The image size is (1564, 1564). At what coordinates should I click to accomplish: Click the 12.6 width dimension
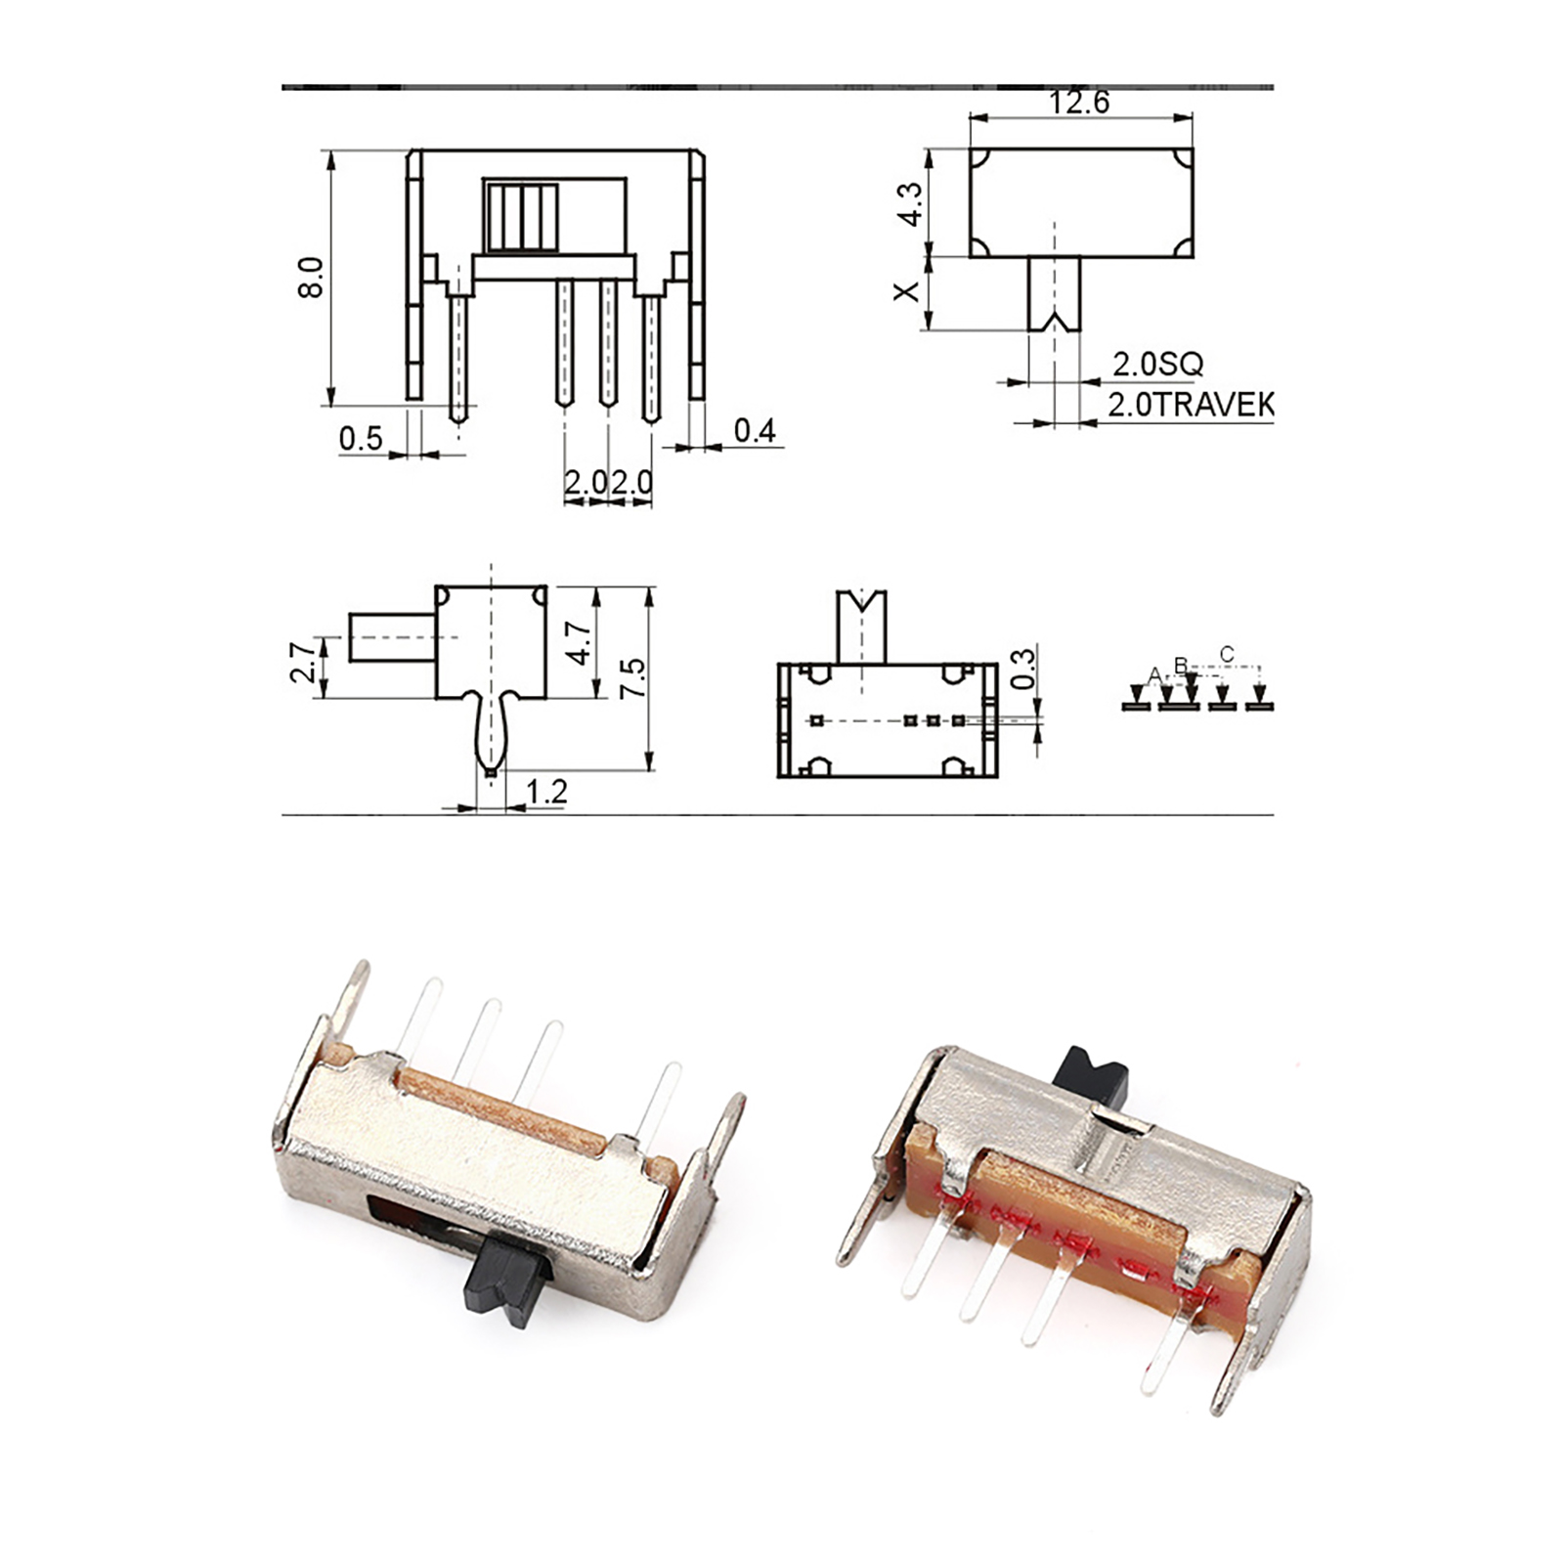[1079, 103]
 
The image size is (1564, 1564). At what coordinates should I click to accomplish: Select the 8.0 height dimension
[311, 277]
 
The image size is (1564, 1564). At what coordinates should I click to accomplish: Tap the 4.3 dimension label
[910, 204]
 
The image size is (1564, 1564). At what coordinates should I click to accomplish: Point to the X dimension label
[908, 290]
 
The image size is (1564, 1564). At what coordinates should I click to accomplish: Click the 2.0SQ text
[1157, 364]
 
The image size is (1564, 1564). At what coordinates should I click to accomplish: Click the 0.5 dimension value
[361, 438]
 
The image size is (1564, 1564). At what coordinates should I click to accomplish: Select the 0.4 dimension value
[755, 430]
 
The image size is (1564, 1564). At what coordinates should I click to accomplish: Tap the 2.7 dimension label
[304, 662]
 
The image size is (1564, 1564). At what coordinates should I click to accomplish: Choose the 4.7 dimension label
[580, 644]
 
